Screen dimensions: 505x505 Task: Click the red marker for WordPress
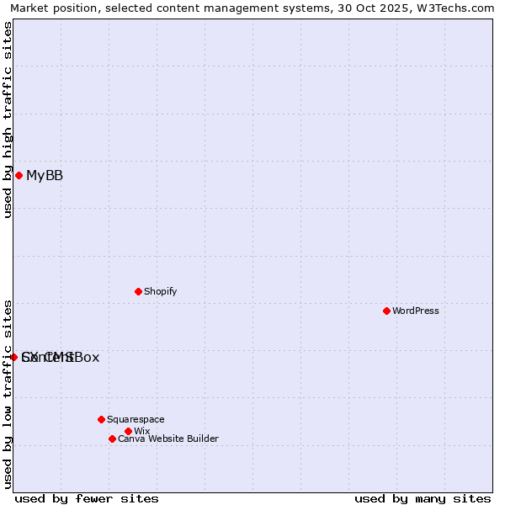[386, 311]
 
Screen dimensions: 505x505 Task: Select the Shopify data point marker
[138, 291]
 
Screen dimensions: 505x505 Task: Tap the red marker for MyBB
[19, 175]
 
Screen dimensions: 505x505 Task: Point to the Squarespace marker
[101, 419]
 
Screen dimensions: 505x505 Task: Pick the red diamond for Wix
[128, 431]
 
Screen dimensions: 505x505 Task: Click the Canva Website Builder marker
[112, 439]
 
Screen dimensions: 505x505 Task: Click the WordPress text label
[416, 311]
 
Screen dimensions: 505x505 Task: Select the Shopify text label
[161, 291]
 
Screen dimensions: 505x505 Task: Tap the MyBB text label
[45, 175]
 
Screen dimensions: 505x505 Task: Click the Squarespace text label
[136, 419]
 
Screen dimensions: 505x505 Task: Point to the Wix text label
[141, 431]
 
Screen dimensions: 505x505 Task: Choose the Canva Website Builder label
[168, 439]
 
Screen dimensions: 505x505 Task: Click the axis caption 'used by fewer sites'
[87, 498]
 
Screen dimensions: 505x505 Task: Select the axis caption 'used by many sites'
[423, 498]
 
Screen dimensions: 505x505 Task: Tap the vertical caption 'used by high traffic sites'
[8, 120]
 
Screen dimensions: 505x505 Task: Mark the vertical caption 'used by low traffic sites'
[8, 394]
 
